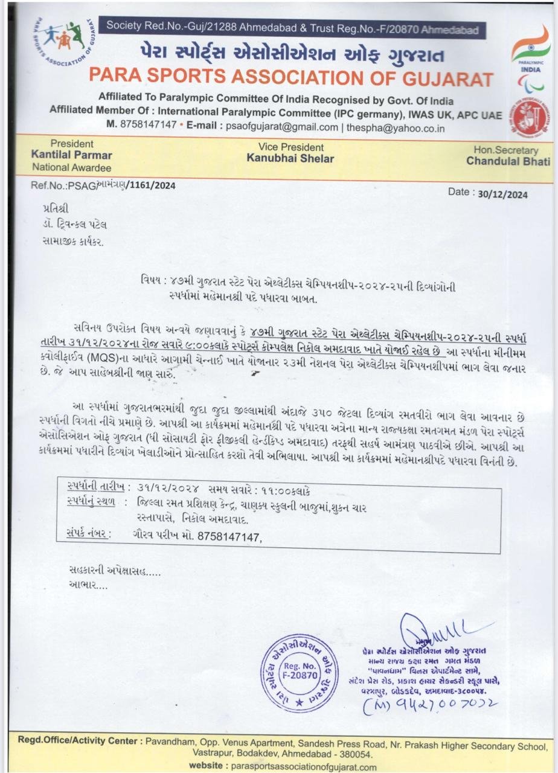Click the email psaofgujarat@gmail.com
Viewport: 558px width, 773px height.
[281, 127]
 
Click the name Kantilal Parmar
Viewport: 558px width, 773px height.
[71, 155]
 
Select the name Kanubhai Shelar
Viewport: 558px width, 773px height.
[290, 158]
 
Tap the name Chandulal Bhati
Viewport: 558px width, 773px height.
[508, 161]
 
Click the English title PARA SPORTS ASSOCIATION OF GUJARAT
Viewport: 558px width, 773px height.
[290, 78]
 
